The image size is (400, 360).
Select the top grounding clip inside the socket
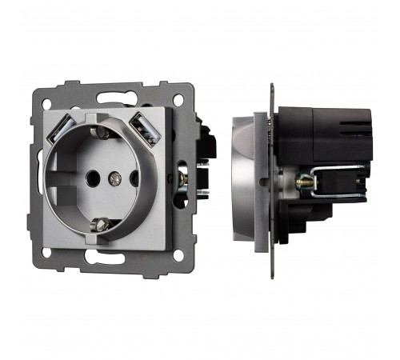(x=98, y=131)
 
